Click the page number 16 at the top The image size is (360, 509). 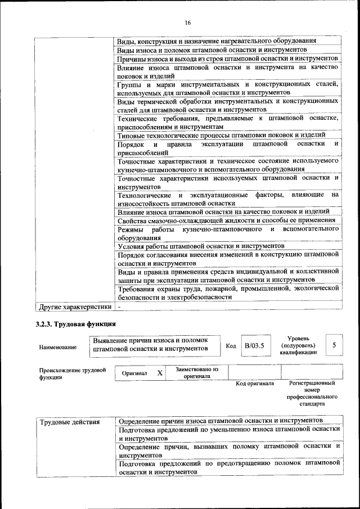pos(188,22)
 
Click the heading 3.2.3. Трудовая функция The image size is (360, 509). pos(76,325)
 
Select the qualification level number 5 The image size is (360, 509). pos(335,345)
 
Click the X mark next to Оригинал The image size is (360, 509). pos(160,373)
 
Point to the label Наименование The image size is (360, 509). pos(58,348)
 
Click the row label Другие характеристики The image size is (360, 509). pos(75,307)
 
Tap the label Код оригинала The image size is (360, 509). pos(255,384)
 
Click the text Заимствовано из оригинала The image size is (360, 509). pos(197,373)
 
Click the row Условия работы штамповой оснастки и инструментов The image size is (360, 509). pos(201,246)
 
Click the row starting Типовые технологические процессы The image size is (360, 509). pos(221,135)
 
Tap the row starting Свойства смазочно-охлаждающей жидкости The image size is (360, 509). pos(227,220)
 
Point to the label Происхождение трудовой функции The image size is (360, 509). pos(73,373)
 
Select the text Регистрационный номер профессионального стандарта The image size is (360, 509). pos(312,393)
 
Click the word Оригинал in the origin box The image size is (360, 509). pos(134,373)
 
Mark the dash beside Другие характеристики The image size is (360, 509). pos(119,307)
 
